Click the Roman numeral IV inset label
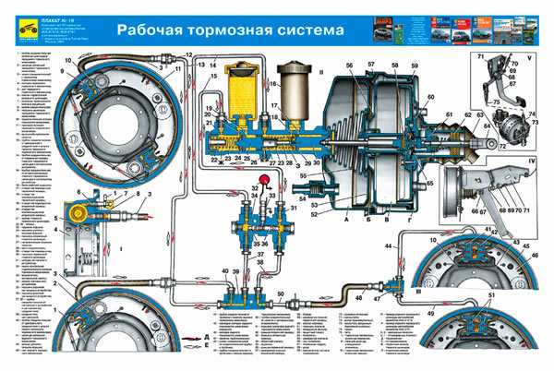(531, 164)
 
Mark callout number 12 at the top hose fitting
(187, 56)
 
